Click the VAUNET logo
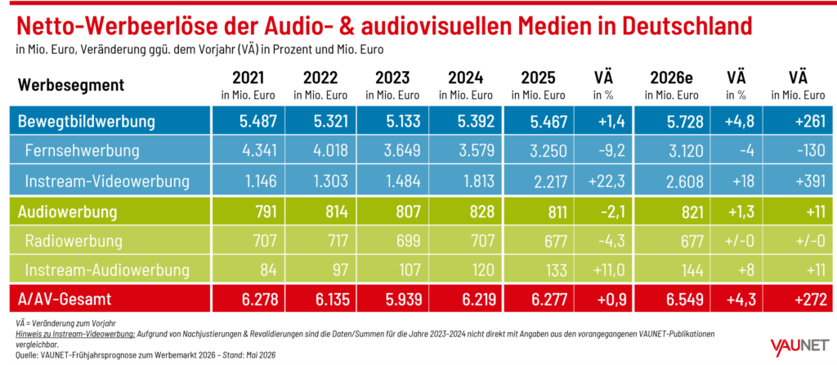(799, 346)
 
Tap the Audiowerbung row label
(67, 211)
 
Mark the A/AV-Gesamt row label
(65, 299)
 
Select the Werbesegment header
(71, 85)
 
